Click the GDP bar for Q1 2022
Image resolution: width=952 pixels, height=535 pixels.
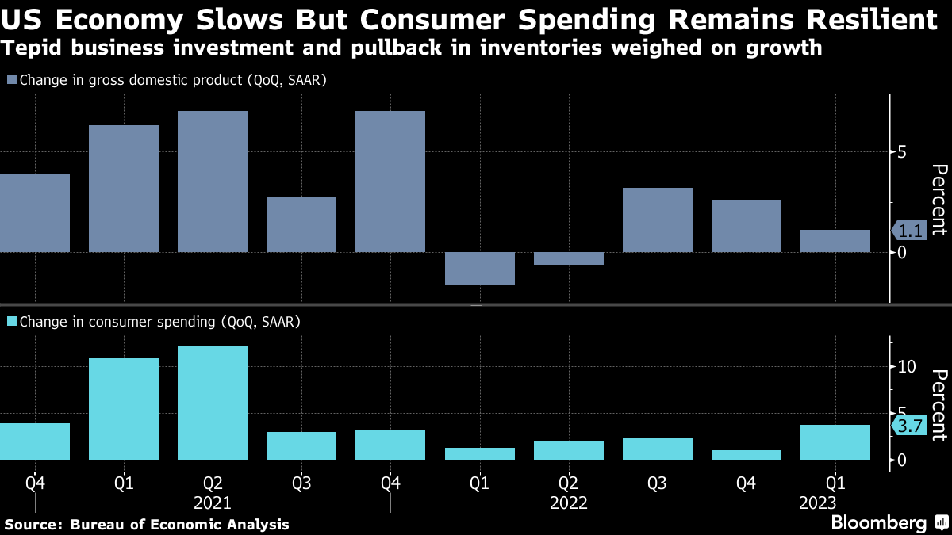point(479,268)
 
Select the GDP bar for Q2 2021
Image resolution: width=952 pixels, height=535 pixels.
point(213,182)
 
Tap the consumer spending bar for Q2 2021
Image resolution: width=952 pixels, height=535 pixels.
point(213,403)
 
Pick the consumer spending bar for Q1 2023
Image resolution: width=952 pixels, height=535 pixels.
point(835,442)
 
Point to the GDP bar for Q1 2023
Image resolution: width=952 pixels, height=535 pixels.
point(835,241)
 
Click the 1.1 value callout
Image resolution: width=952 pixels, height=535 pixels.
point(910,231)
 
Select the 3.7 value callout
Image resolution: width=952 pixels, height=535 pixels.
point(910,426)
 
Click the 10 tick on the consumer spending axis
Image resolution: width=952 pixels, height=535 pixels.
point(908,367)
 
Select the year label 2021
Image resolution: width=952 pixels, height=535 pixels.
point(212,503)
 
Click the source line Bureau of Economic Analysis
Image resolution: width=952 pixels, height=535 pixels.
point(179,525)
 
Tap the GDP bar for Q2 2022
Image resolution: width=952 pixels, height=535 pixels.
point(568,258)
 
